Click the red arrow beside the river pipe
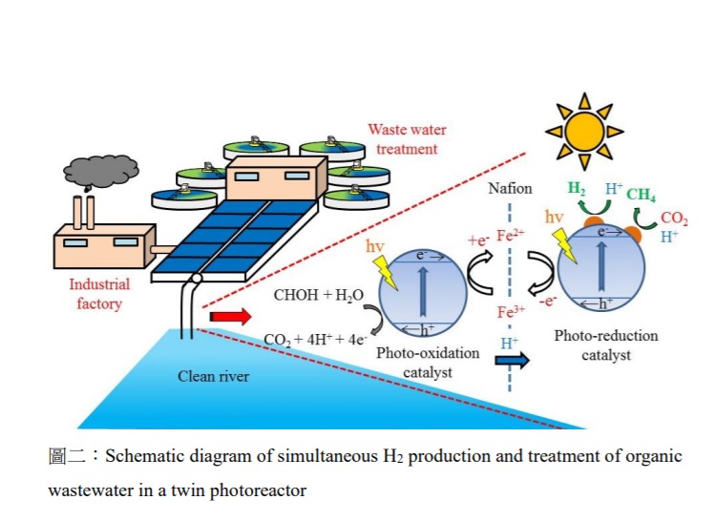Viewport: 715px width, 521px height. click(230, 316)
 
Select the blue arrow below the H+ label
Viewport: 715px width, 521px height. click(510, 361)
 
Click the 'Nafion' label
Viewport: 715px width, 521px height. click(510, 189)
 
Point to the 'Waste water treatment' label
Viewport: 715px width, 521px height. click(407, 139)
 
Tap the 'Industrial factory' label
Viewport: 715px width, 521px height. click(99, 294)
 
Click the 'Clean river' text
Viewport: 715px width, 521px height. click(213, 376)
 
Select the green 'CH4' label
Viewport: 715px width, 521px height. click(641, 196)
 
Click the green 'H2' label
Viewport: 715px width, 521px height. click(577, 189)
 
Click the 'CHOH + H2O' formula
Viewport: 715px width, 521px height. click(319, 295)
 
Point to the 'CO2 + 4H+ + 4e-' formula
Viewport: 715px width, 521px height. click(316, 338)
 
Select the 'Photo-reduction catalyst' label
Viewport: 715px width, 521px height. click(605, 345)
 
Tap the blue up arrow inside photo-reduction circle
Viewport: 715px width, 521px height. click(600, 265)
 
